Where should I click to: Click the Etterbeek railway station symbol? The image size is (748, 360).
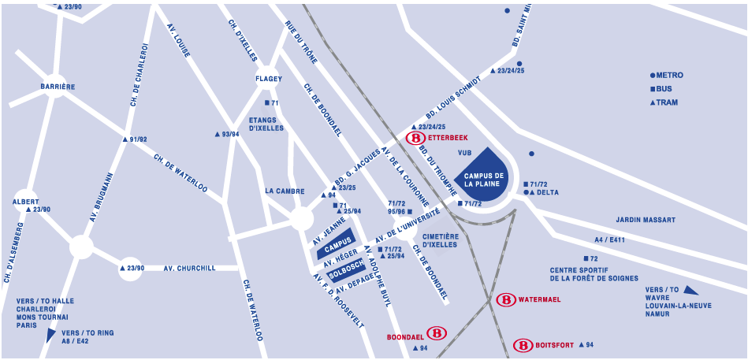415,138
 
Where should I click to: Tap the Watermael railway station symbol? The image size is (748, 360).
506,300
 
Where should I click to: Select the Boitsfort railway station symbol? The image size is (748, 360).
523,345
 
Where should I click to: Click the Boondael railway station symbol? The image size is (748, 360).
437,333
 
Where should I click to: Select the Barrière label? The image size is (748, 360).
58,87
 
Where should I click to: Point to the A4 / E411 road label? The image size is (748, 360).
609,239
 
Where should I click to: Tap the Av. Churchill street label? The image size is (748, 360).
189,269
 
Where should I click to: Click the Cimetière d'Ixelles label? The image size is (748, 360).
440,240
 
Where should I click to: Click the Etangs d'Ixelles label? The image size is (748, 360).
266,124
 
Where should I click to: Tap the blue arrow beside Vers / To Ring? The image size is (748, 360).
51,335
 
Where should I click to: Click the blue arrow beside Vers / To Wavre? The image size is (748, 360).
690,291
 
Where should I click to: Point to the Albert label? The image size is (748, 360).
25,202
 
